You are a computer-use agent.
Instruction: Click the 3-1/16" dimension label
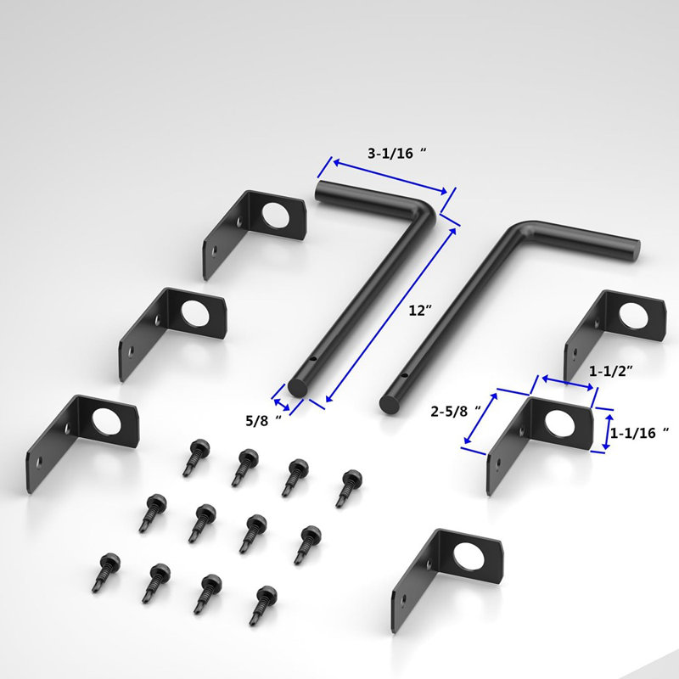click(396, 154)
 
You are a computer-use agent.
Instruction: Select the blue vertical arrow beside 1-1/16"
click(606, 431)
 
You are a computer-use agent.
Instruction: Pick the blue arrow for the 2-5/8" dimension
click(480, 418)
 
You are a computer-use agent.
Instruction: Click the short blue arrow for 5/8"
click(282, 399)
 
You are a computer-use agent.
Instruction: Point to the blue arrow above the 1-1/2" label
click(568, 384)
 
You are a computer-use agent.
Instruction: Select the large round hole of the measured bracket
click(559, 424)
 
